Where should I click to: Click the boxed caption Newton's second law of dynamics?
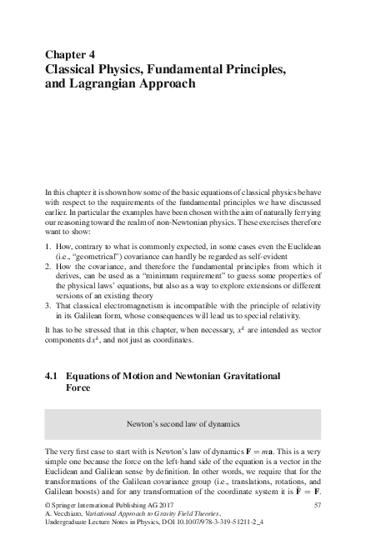(x=183, y=423)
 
